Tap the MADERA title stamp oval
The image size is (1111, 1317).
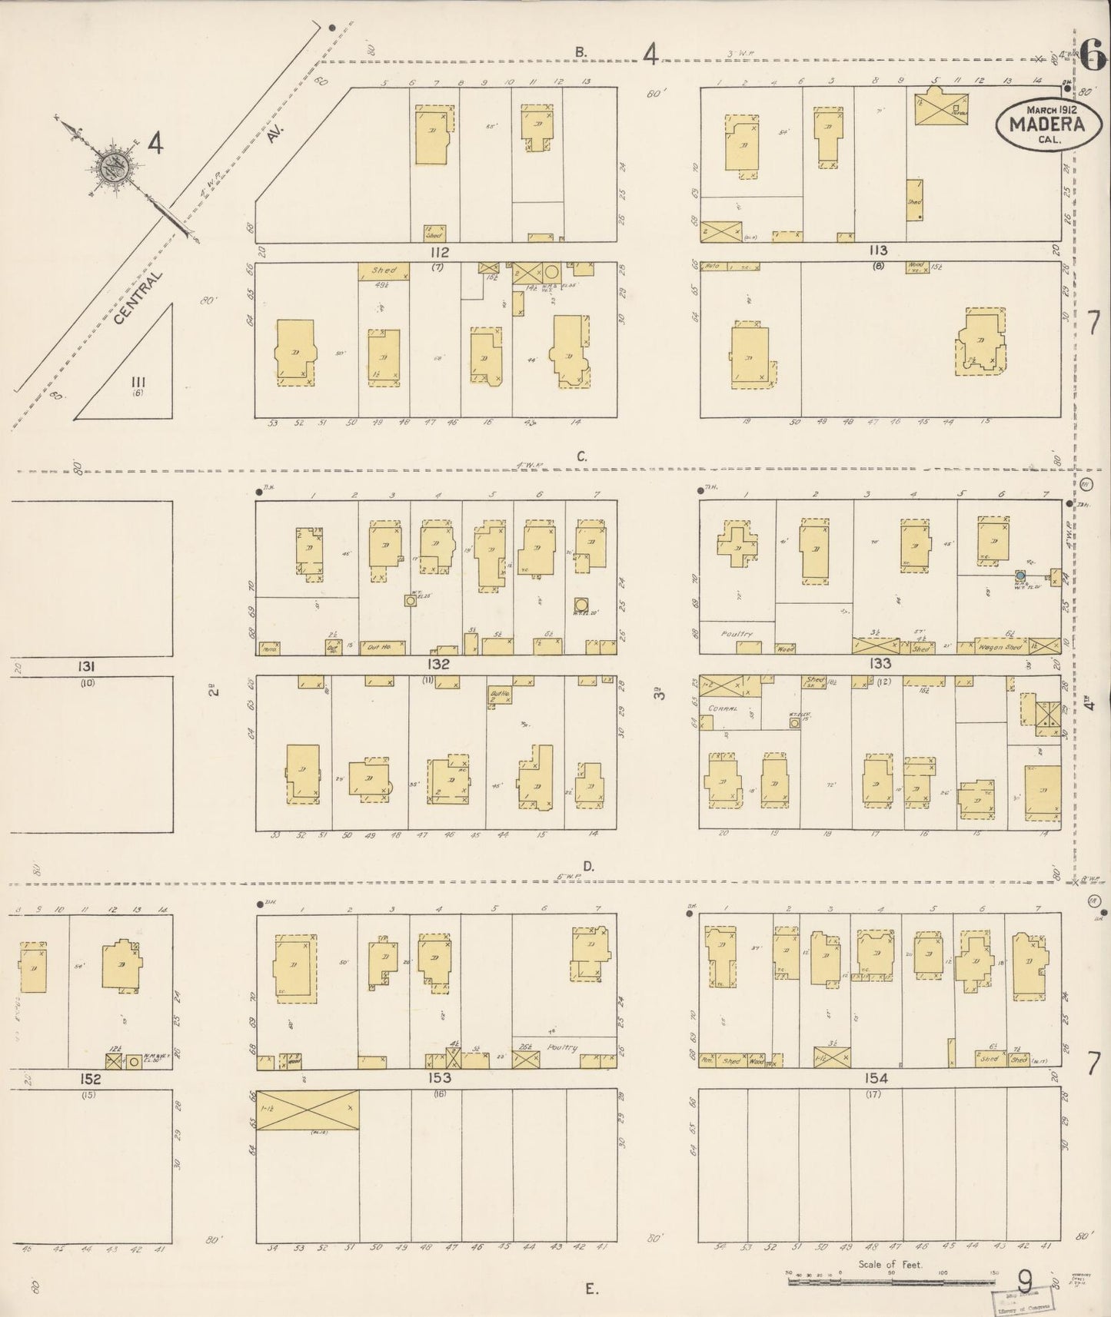[1046, 124]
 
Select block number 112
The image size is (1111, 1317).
[439, 252]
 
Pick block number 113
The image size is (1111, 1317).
[877, 250]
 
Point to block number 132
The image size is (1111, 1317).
[439, 664]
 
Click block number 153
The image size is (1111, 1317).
[439, 1078]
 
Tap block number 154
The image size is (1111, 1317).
[876, 1079]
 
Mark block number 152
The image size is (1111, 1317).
[90, 1080]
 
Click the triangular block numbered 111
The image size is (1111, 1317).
[138, 382]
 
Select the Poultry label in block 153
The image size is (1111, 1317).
[563, 1047]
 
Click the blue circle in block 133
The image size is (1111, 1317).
[1020, 575]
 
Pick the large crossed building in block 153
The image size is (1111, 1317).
[307, 1109]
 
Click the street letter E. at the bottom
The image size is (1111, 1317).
[590, 1289]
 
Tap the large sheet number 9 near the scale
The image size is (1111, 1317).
[1024, 1281]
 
